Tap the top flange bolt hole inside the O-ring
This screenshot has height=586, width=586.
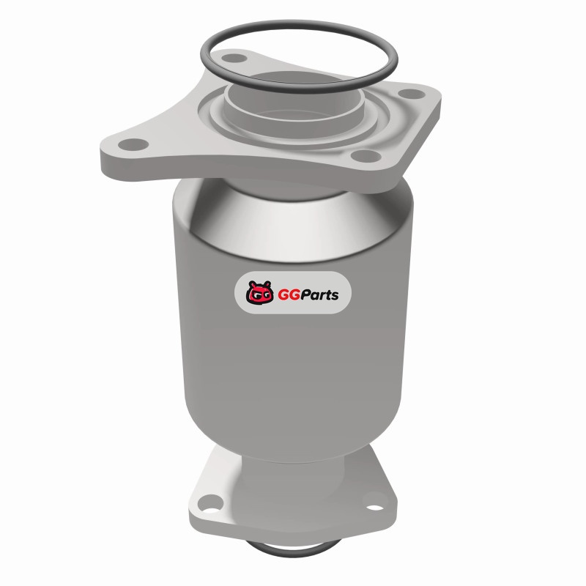[x=234, y=59]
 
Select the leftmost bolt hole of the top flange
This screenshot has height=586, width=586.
[x=133, y=144]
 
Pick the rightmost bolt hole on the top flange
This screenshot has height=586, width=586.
[x=412, y=94]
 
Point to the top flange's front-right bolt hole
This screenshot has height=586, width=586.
[x=366, y=155]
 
